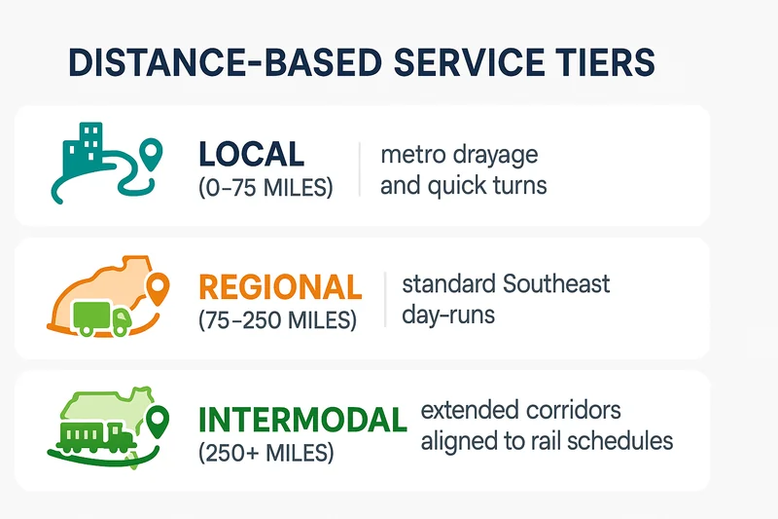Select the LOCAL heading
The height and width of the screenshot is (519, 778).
point(251,154)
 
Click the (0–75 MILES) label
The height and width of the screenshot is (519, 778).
point(265,188)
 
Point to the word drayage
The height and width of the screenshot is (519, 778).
point(496,155)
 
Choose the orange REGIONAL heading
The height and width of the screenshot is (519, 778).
point(280,286)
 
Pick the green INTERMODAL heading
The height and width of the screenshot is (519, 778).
point(302,420)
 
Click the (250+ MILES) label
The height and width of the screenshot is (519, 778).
point(265,453)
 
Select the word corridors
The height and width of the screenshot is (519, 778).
point(572,410)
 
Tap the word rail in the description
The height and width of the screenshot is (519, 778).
point(542,440)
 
